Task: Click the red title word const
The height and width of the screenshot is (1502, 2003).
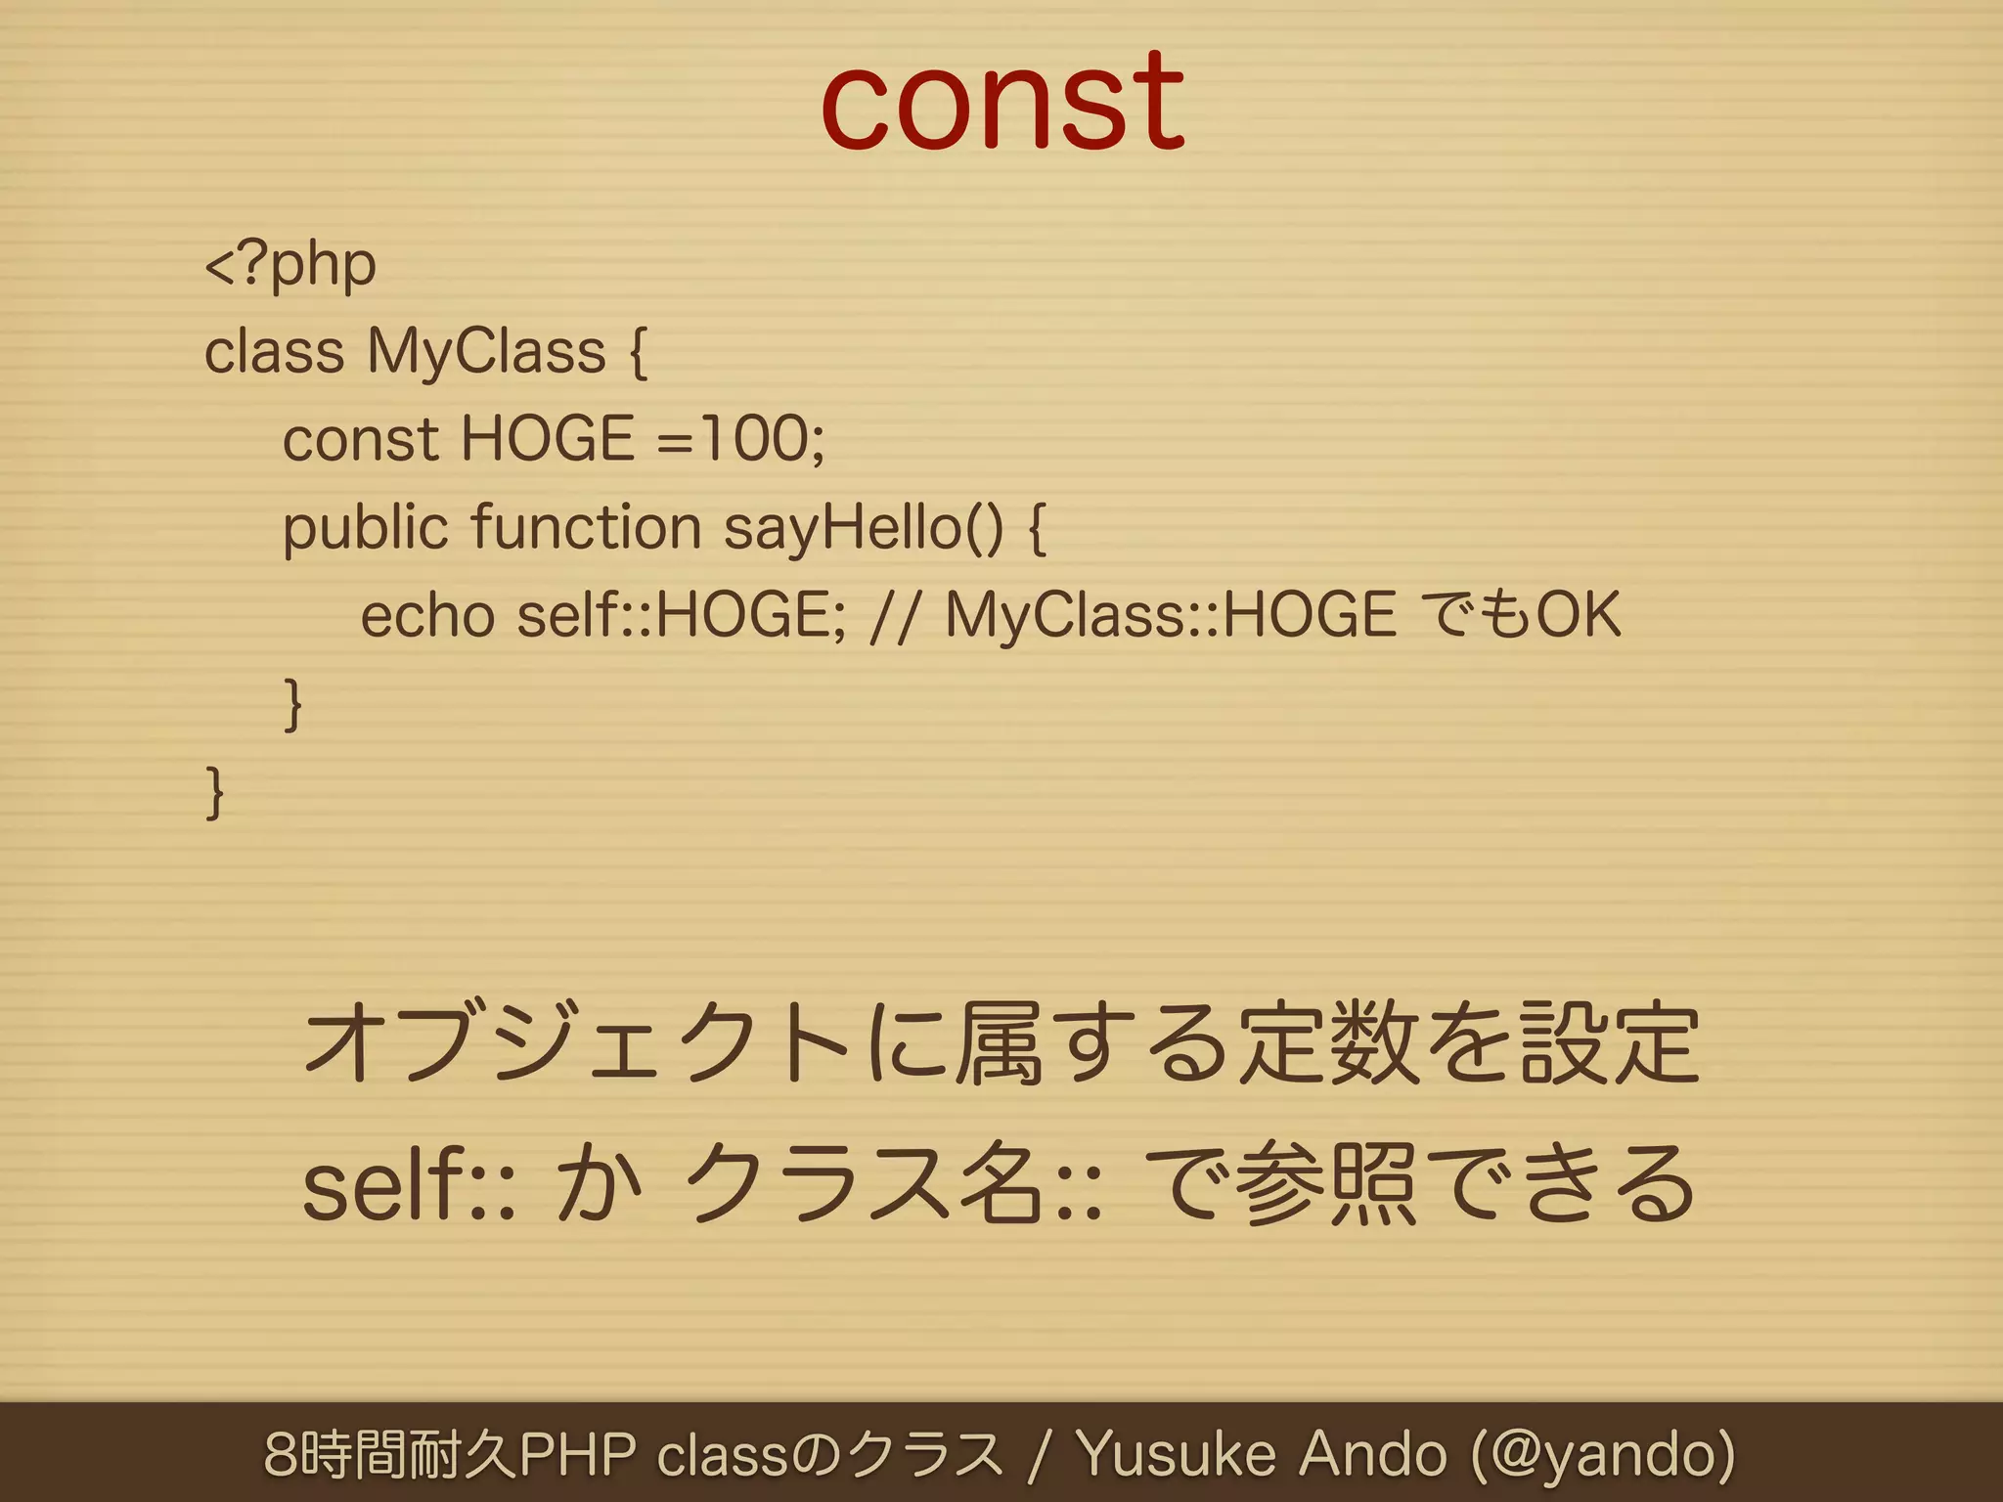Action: tap(1002, 102)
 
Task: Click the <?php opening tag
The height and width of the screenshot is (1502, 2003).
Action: tap(290, 264)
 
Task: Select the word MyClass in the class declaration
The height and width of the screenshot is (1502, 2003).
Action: tap(486, 352)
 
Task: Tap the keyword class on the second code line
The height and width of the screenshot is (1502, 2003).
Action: tap(274, 352)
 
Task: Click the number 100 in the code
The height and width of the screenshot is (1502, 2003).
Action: tap(753, 438)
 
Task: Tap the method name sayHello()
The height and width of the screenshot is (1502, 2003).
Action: tap(864, 528)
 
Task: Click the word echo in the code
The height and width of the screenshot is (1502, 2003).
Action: tap(427, 616)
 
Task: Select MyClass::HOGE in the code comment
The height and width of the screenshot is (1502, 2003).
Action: tap(1171, 616)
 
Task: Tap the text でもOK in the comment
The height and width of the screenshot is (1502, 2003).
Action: tap(1521, 616)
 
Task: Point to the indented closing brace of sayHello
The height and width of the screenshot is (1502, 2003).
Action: tap(292, 704)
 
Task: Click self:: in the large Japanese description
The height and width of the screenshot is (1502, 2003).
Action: tap(408, 1185)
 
